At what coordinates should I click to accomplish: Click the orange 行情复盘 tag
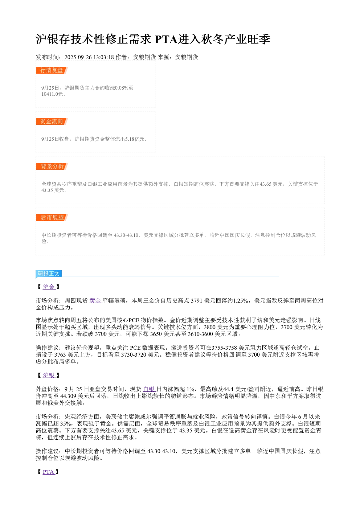52,70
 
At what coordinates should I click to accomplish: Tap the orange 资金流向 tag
52,121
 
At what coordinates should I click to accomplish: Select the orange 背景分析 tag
52,166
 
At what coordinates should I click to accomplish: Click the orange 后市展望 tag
52,217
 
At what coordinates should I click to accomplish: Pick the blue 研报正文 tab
49,273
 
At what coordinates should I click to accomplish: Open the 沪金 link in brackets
49,287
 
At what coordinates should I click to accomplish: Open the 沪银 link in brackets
49,375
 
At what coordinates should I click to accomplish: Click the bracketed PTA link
48,472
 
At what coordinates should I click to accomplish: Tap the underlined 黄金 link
95,301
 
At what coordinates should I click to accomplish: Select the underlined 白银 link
149,389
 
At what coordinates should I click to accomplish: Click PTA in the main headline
166,39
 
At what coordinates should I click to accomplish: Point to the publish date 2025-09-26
78,57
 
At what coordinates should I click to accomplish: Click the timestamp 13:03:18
104,57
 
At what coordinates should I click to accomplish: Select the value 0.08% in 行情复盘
121,88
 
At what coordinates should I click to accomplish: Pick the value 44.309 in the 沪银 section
68,396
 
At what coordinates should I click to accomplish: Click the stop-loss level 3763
60,354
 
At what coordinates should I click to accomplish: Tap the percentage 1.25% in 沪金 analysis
240,301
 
